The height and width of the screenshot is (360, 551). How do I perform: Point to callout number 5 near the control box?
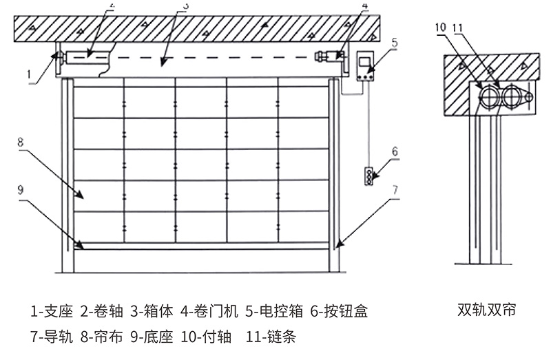click(394, 43)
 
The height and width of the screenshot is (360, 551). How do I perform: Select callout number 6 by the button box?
click(395, 151)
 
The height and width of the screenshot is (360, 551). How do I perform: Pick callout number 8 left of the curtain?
click(21, 143)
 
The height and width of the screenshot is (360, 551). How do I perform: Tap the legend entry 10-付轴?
click(211, 337)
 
